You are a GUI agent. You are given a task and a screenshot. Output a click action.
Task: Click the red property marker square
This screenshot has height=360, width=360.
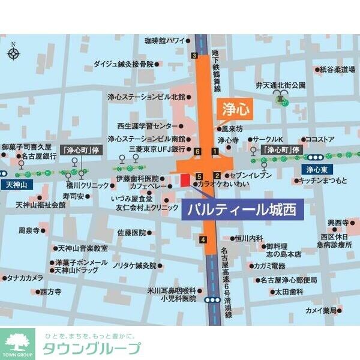click(184, 178)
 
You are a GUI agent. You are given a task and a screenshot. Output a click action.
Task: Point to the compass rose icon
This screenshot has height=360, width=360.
click(13, 53)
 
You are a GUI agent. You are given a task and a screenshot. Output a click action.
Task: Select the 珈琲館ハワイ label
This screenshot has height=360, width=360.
click(164, 41)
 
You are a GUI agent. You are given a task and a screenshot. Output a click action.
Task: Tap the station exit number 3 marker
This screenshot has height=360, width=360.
click(194, 56)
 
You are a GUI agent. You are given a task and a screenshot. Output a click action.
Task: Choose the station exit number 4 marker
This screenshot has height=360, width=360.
click(203, 240)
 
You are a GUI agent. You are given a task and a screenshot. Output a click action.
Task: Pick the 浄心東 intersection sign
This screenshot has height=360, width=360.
click(314, 169)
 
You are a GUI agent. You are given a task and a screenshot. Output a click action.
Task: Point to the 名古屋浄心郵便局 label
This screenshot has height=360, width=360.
click(288, 280)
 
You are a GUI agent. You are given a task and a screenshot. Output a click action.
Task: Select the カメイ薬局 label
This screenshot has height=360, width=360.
click(321, 311)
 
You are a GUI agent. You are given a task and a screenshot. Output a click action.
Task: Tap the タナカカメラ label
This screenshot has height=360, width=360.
click(25, 278)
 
